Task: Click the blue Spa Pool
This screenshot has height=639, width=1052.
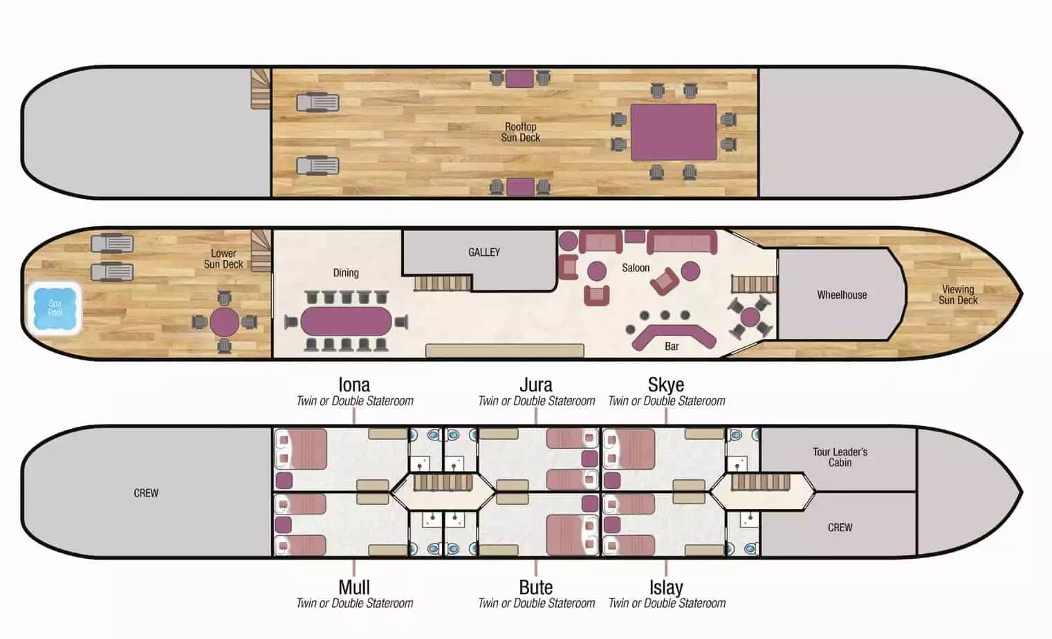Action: pyautogui.click(x=55, y=308)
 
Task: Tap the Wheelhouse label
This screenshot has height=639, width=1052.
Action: pyautogui.click(x=842, y=295)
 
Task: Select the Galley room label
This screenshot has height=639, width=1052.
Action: pyautogui.click(x=483, y=252)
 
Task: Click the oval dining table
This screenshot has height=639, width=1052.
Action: pyautogui.click(x=346, y=322)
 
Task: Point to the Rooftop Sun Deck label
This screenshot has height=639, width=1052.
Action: pyautogui.click(x=520, y=132)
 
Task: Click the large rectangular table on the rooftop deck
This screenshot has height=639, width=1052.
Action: pyautogui.click(x=674, y=132)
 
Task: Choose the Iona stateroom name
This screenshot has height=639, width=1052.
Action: pyautogui.click(x=354, y=385)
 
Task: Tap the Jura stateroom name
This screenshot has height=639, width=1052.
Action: pyautogui.click(x=536, y=385)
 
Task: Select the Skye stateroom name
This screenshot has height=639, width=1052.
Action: pyautogui.click(x=666, y=385)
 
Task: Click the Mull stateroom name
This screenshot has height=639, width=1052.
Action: pyautogui.click(x=354, y=587)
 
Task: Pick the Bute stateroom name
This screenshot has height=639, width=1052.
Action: pyautogui.click(x=536, y=587)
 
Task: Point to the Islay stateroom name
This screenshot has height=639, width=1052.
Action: pyautogui.click(x=666, y=588)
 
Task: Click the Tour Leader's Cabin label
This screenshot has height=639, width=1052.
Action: pyautogui.click(x=840, y=457)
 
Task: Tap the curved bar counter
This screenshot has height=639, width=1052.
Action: pyautogui.click(x=674, y=335)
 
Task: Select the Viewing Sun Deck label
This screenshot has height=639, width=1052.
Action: pyautogui.click(x=958, y=295)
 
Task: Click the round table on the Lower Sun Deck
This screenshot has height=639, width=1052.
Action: pyautogui.click(x=224, y=322)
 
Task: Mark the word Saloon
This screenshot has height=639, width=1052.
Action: pyautogui.click(x=636, y=268)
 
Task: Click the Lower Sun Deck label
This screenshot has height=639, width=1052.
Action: pyautogui.click(x=223, y=259)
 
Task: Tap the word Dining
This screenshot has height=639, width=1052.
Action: pyautogui.click(x=346, y=273)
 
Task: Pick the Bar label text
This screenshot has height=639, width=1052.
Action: pyautogui.click(x=672, y=346)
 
